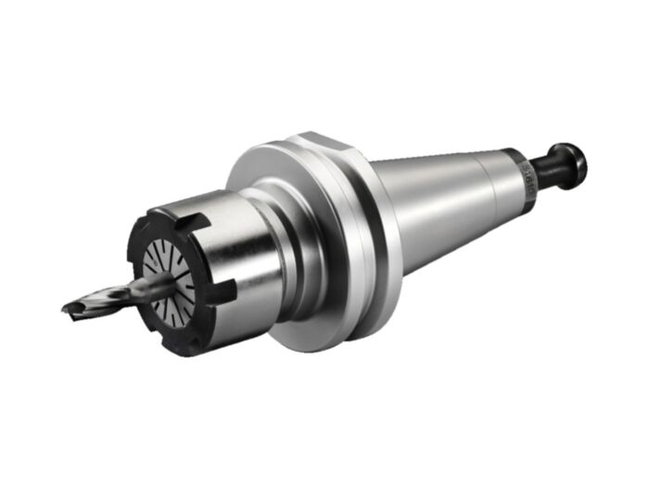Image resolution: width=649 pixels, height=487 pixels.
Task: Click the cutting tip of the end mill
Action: point(68,309)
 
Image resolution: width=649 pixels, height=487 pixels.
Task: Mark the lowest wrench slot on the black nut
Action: point(196,346)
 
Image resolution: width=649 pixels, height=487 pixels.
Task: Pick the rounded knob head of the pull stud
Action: point(569,164)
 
